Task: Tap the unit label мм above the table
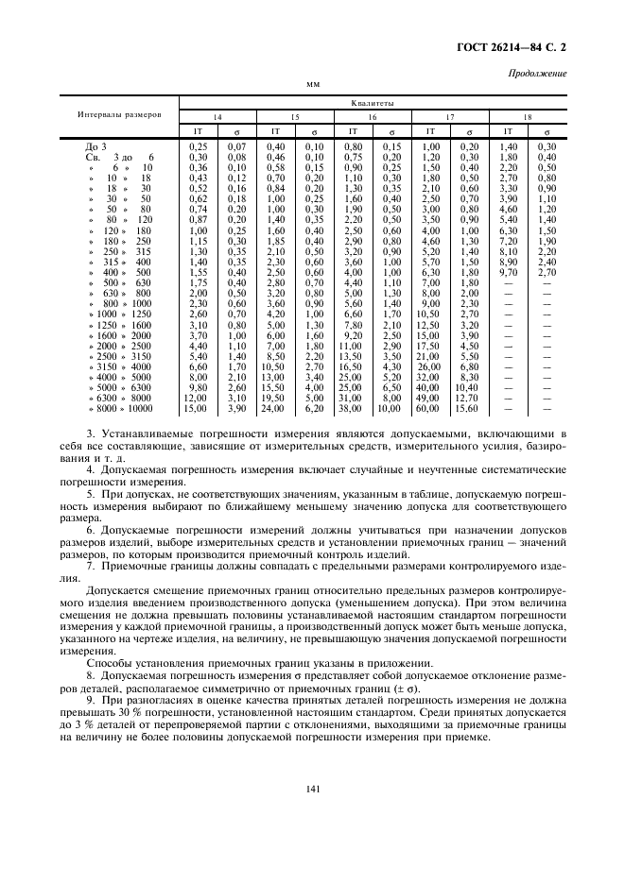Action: click(x=313, y=85)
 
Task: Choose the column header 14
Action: click(x=217, y=116)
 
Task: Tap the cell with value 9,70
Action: click(x=507, y=271)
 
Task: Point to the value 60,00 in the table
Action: click(x=431, y=408)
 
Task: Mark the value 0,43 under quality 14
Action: click(x=198, y=178)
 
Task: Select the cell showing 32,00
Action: click(x=431, y=377)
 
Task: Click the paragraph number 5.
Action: click(x=90, y=493)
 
